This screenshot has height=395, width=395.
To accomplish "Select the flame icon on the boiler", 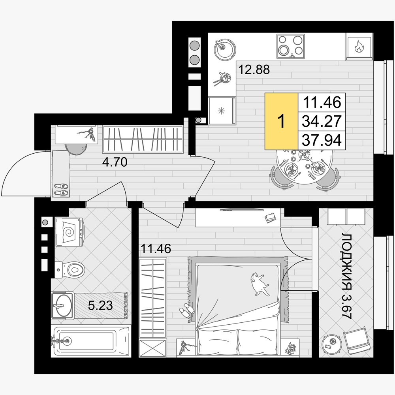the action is (358, 47).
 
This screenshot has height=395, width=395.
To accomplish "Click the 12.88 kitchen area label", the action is (254, 69).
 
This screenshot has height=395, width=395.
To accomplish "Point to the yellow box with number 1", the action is (281, 121).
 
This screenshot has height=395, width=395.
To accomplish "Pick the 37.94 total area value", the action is (322, 140).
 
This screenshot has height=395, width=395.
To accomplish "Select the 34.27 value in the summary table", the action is (322, 121).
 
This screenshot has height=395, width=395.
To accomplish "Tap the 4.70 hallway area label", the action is (115, 162).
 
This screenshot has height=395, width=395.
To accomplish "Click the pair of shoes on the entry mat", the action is (61, 190).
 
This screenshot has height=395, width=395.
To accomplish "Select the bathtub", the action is (91, 341).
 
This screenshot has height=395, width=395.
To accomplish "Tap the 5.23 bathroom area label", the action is (100, 306).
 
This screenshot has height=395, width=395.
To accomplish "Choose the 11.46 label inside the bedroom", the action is (156, 248).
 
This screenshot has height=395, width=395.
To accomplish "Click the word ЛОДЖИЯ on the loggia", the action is (346, 260).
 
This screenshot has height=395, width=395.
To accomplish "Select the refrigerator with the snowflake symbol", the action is (222, 111).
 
